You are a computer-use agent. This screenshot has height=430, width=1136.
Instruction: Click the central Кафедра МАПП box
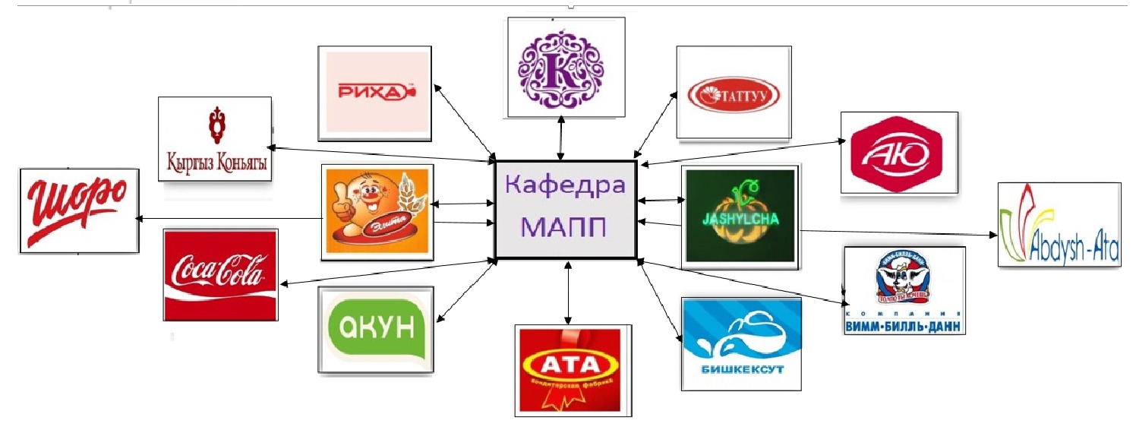pos(565,209)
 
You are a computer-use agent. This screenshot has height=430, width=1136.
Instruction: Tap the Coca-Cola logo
pos(220,273)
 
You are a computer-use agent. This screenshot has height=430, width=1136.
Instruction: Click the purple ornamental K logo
pos(565,67)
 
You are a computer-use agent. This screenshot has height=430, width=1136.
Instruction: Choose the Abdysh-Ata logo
pos(1059,225)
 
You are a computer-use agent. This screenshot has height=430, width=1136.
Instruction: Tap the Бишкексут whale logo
pos(741,343)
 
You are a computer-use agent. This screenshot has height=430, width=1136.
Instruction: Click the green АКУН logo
pos(376,329)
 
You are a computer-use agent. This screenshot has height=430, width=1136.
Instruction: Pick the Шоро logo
pos(79,210)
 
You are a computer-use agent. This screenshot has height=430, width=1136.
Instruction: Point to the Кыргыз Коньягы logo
pos(215,138)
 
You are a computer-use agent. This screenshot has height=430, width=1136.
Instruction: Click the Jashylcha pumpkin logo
pos(739,217)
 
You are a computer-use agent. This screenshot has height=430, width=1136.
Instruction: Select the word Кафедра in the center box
pos(565,185)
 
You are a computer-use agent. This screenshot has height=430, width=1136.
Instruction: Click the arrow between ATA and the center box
pos(566,292)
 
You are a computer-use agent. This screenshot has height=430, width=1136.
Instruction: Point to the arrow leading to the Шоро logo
pos(228,219)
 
